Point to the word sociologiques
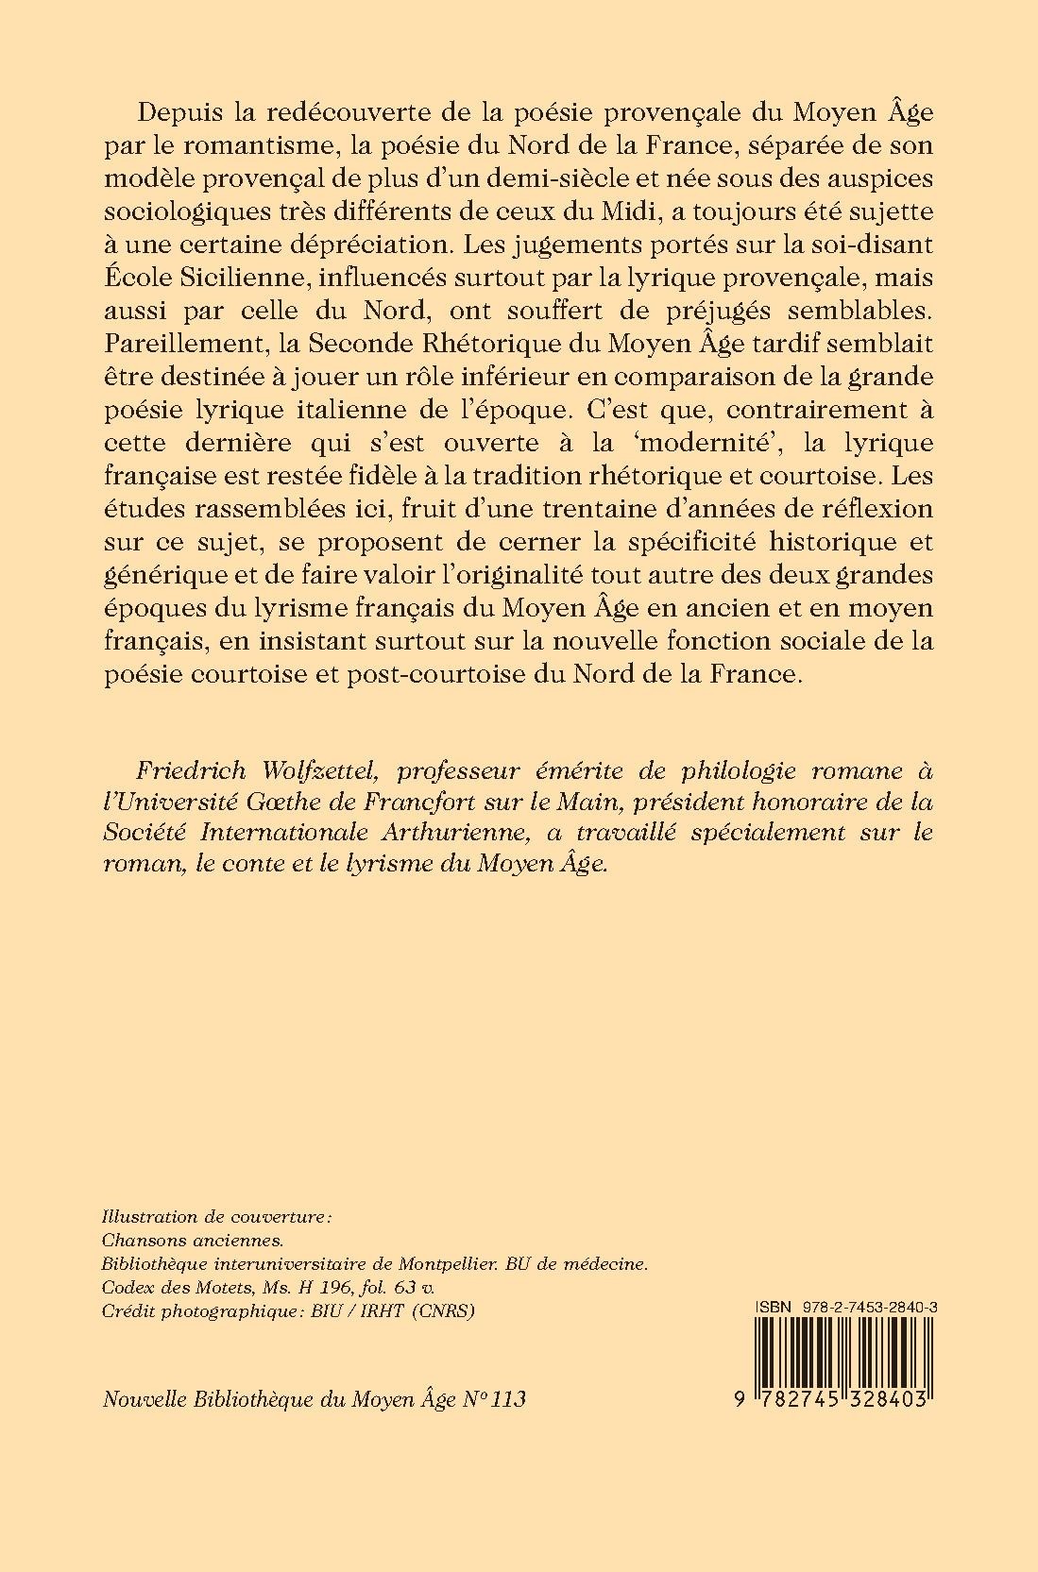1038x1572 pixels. pyautogui.click(x=193, y=212)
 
